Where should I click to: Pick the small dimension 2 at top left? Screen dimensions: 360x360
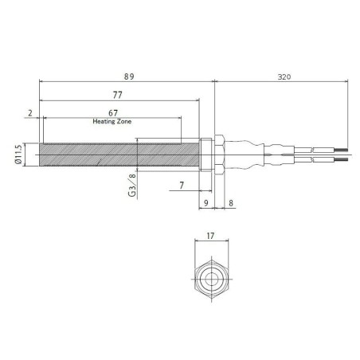pyautogui.click(x=30, y=112)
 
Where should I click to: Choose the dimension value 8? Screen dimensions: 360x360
pyautogui.click(x=230, y=203)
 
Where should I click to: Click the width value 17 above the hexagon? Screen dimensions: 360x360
pyautogui.click(x=211, y=236)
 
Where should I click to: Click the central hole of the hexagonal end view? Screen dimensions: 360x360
pyautogui.click(x=211, y=280)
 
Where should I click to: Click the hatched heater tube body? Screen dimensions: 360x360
pyautogui.click(x=88, y=154)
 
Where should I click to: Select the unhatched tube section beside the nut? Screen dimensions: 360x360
pyautogui.click(x=167, y=154)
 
